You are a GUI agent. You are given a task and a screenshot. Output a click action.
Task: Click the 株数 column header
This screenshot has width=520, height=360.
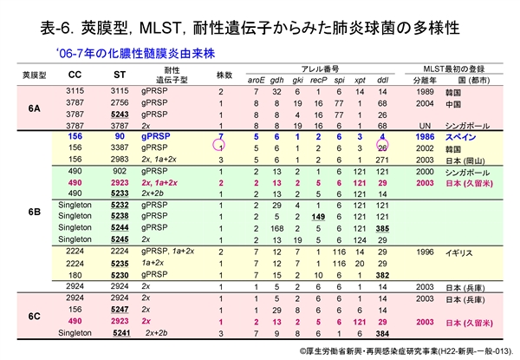pyautogui.click(x=221, y=75)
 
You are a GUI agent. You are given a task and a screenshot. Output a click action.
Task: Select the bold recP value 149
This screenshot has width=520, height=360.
pyautogui.click(x=318, y=216)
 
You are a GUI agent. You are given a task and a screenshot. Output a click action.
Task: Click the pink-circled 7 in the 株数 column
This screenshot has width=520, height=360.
pyautogui.click(x=221, y=137)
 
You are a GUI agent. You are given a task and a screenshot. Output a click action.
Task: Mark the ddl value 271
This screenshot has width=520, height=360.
pyautogui.click(x=382, y=160)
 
